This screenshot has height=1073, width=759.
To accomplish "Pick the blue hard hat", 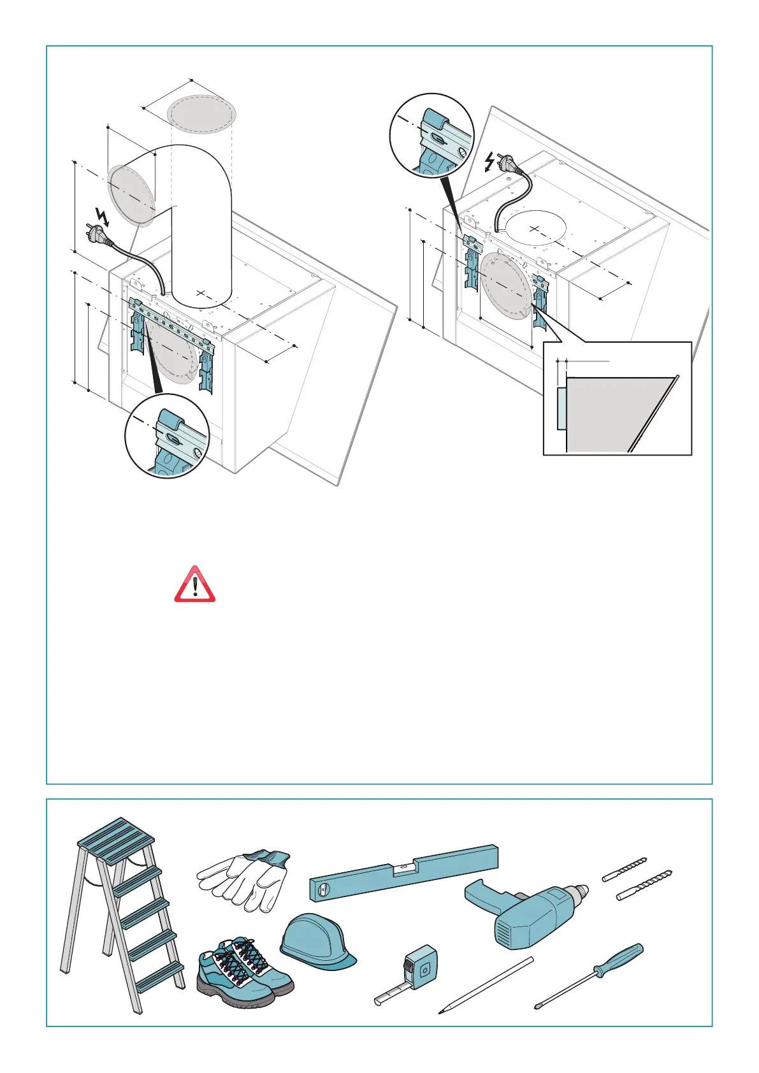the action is [x=317, y=940].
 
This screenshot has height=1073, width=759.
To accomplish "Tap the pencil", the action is [x=486, y=985].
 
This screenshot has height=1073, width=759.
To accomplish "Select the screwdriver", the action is [x=589, y=975].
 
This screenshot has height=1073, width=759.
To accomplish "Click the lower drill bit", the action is [x=645, y=885].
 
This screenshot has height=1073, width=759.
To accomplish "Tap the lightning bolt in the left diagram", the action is [x=102, y=217].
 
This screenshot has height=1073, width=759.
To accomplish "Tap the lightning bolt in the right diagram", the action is [x=489, y=162].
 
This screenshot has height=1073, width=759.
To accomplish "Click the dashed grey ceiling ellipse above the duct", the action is [x=201, y=114].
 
